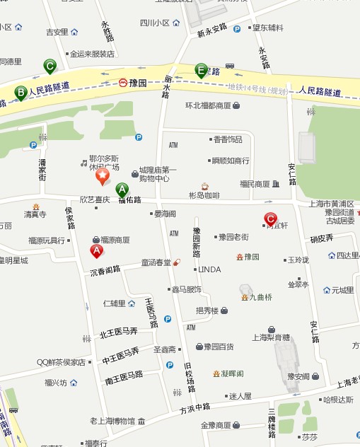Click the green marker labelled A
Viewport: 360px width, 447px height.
tap(122, 190)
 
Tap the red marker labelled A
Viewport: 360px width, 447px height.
tap(97, 250)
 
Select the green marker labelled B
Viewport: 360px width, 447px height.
tap(21, 92)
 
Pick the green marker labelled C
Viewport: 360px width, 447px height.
tap(50, 66)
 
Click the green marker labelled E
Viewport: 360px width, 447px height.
tap(201, 70)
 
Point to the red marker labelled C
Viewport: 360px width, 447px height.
tap(269, 219)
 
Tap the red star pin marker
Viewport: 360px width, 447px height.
tap(103, 175)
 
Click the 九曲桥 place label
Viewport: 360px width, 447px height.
tap(258, 297)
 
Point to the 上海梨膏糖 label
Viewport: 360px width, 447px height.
tap(270, 337)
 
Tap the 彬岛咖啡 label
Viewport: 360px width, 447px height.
tap(204, 195)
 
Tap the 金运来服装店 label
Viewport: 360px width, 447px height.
tap(92, 53)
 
